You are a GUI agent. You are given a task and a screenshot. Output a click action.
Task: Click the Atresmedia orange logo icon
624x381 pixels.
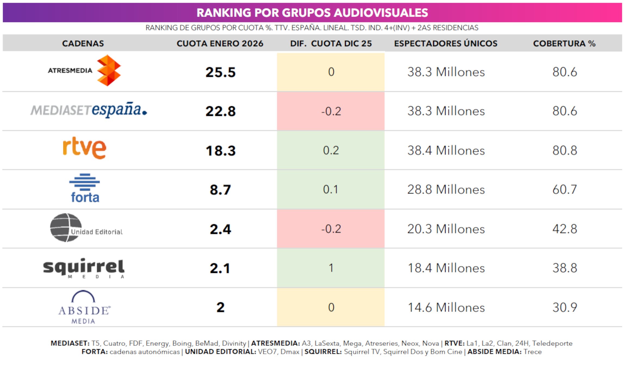pyautogui.click(x=109, y=70)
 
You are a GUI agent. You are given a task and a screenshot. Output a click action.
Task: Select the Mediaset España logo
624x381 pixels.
pyautogui.click(x=89, y=110)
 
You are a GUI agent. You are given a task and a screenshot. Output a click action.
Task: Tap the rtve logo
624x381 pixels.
pyautogui.click(x=84, y=148)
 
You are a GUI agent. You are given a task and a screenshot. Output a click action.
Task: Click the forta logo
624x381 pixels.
pyautogui.click(x=85, y=189)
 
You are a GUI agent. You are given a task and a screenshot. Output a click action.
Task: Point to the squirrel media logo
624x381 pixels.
pyautogui.click(x=84, y=268)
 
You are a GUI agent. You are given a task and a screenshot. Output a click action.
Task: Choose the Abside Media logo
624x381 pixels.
pyautogui.click(x=84, y=308)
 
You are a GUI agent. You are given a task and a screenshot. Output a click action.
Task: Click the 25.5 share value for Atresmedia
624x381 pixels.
pyautogui.click(x=220, y=72)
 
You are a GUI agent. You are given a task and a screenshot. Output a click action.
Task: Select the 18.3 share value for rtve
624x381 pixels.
pyautogui.click(x=220, y=151)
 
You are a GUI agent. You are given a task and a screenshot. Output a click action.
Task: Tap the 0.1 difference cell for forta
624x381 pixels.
pyautogui.click(x=330, y=189)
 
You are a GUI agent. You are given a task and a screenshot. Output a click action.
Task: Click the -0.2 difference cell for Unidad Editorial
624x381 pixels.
pyautogui.click(x=331, y=229)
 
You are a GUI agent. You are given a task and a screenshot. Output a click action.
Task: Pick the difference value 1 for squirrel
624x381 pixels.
pyautogui.click(x=331, y=268)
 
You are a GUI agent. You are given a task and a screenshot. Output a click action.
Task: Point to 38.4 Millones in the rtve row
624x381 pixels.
pyautogui.click(x=446, y=151)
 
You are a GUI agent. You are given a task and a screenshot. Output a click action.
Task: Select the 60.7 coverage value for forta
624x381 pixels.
pyautogui.click(x=564, y=189)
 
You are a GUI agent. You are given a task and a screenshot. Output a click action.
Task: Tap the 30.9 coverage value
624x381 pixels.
pyautogui.click(x=564, y=308)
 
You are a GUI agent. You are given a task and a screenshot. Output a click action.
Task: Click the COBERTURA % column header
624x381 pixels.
pyautogui.click(x=564, y=44)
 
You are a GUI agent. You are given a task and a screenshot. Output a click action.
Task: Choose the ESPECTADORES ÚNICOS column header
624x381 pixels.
pyautogui.click(x=446, y=44)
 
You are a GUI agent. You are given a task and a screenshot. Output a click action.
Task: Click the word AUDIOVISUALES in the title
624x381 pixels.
pyautogui.click(x=381, y=13)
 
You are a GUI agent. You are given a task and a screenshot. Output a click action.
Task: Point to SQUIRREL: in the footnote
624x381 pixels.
pyautogui.click(x=323, y=352)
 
